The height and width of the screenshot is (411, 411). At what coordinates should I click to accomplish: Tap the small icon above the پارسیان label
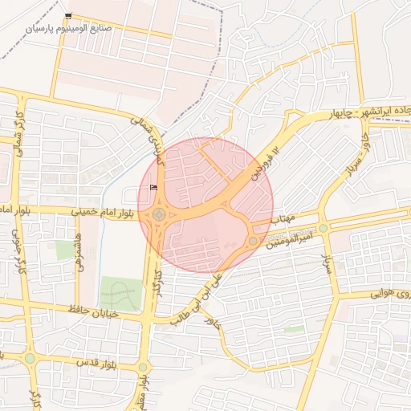tap(68, 16)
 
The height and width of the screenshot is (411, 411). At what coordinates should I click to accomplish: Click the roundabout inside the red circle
tap(160, 214)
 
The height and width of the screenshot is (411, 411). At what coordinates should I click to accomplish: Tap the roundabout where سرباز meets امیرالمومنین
tap(324, 229)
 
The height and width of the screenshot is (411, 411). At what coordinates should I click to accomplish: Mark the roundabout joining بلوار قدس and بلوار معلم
tap(143, 367)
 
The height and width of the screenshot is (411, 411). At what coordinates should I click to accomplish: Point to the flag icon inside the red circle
tap(153, 188)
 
